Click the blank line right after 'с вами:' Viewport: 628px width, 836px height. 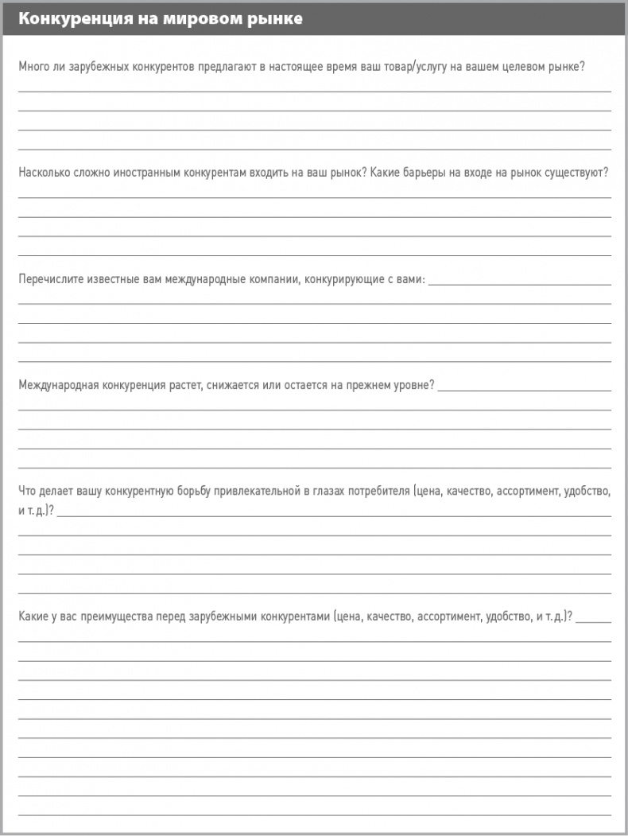coord(520,282)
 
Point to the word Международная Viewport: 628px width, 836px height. coord(56,385)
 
